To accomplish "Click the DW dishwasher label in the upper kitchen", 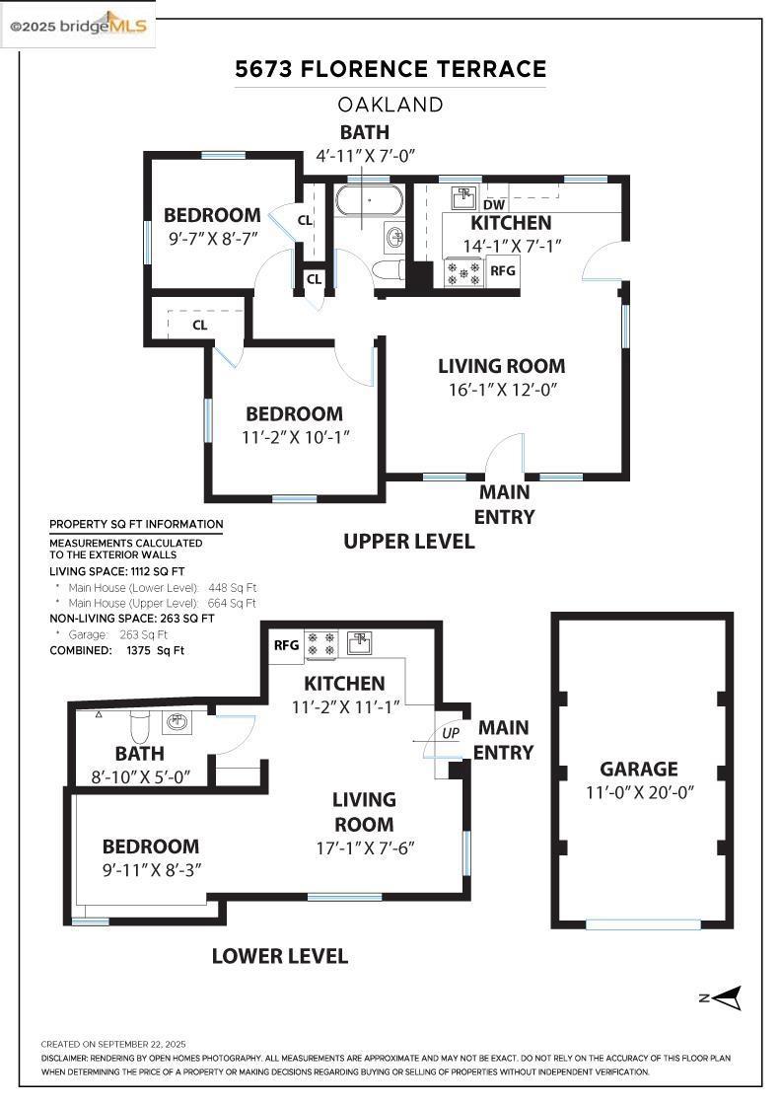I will pos(494,204).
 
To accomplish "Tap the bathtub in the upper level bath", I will pos(369,200).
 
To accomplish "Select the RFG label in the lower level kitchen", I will pos(287,645).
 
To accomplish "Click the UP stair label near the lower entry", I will pos(450,734).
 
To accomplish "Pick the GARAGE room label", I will pos(639,769).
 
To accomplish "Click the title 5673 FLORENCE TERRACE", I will pos(390,69).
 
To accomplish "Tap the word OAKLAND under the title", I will pos(390,104).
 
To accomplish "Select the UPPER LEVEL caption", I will pos(408,541).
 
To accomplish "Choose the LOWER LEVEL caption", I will pos(280,955).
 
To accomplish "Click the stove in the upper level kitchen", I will pos(462,271).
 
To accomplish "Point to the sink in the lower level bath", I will pos(177,722).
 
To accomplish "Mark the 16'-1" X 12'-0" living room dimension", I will pos(503,389).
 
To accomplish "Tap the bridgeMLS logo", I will pos(79,26).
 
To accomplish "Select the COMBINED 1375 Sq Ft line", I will pos(116,650).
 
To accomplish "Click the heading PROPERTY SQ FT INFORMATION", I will pos(136,524).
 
